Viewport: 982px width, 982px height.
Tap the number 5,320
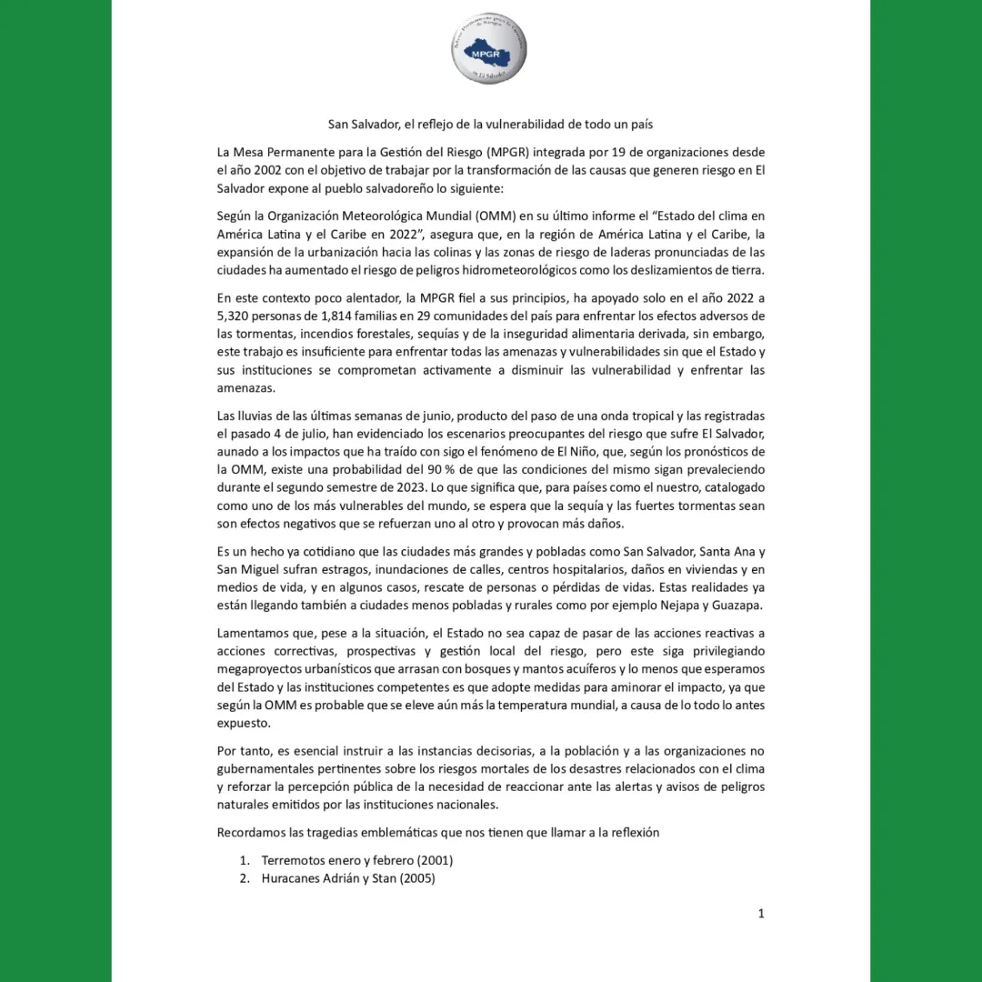click(236, 316)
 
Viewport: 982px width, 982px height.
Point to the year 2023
click(393, 487)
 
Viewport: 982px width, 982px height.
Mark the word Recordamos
click(253, 832)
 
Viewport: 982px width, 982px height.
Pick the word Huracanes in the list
click(292, 878)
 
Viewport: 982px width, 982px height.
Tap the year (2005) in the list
click(416, 878)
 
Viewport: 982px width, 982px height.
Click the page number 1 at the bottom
click(761, 914)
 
